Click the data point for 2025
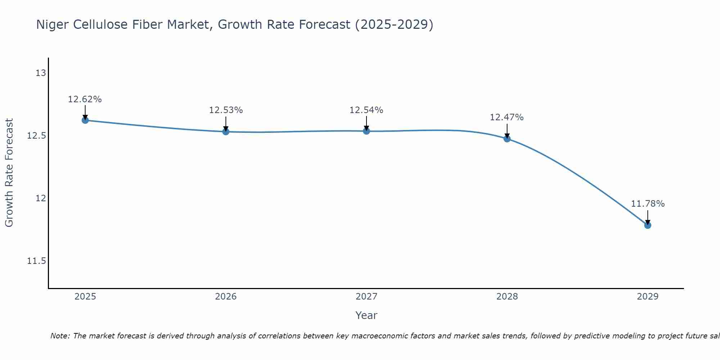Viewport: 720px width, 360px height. point(85,120)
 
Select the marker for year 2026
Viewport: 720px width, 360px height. point(226,132)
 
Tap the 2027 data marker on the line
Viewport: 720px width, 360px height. point(366,131)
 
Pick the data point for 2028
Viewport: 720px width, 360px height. point(507,139)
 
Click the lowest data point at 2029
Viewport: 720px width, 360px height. point(648,225)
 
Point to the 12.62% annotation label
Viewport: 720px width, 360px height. point(85,99)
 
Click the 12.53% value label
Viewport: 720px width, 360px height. point(226,110)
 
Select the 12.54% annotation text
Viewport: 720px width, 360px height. point(366,110)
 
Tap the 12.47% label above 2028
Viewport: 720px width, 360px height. point(507,117)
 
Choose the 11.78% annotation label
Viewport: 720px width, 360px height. point(648,204)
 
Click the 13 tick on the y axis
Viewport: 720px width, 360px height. point(41,73)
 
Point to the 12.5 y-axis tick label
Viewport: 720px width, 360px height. point(37,136)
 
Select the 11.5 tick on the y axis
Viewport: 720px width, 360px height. point(37,261)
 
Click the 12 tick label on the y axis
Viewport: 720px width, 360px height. point(41,198)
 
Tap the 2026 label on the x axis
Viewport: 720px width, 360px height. point(226,297)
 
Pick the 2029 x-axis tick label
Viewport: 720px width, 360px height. point(648,297)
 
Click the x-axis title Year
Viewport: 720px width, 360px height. point(366,316)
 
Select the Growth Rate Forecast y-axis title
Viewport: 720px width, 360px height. point(9,173)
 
